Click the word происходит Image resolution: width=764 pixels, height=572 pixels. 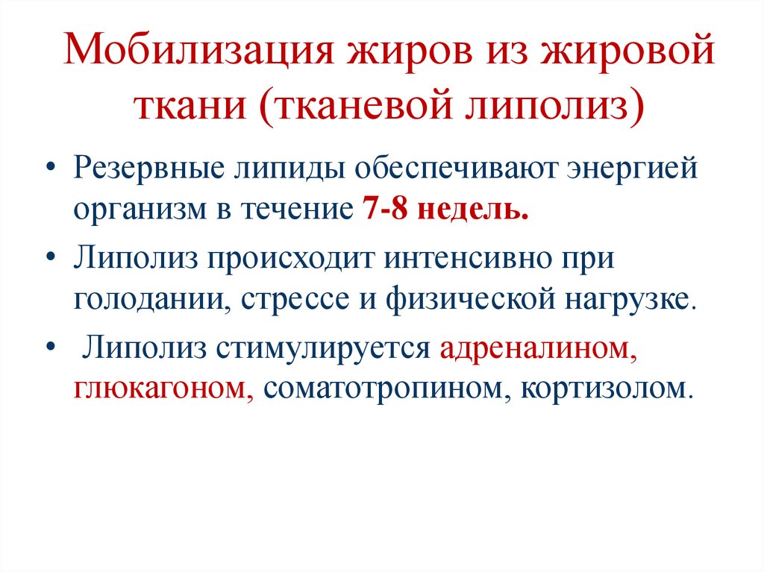coord(291,259)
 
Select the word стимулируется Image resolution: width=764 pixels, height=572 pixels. coord(322,348)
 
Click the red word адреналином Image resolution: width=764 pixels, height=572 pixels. coord(538,348)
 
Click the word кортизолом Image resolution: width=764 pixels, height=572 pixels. coord(602,389)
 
